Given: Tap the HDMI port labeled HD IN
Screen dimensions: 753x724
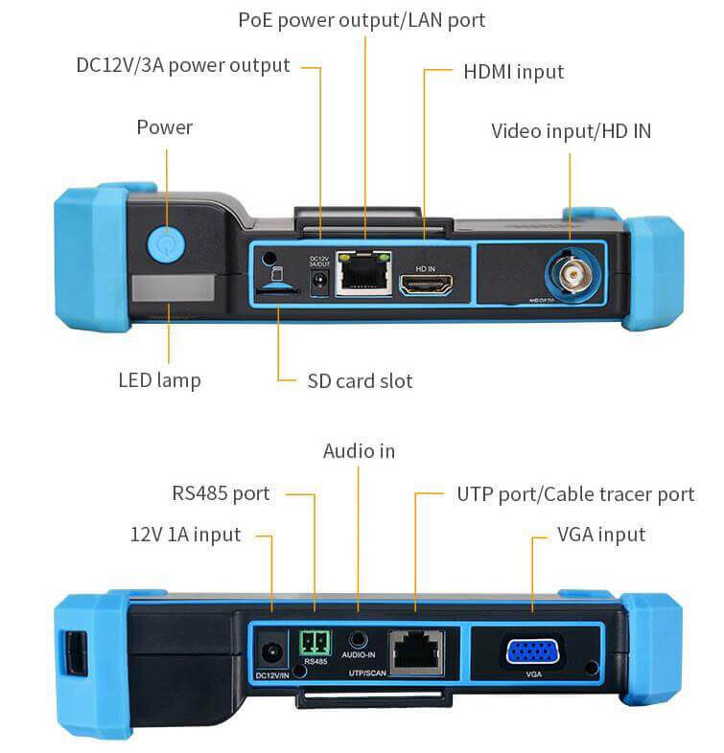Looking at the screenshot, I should tap(426, 285).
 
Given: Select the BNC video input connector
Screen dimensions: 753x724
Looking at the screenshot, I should tap(571, 273).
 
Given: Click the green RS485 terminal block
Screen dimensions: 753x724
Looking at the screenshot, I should tap(314, 643).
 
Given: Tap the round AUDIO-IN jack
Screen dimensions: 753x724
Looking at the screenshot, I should tap(358, 640).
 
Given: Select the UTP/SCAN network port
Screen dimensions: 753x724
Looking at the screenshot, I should tap(415, 652).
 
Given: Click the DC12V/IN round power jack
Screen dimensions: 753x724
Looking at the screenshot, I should tap(272, 654).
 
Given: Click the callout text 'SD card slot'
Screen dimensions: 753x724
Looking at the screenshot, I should tap(360, 380).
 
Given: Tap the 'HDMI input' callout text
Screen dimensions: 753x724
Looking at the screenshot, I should tap(513, 72).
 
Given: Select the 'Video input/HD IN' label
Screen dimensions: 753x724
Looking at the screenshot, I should tap(571, 130).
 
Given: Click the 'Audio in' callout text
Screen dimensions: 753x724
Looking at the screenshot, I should tap(359, 450).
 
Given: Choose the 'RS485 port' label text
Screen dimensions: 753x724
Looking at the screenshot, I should tap(221, 494).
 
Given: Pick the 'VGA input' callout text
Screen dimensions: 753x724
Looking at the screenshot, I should tap(601, 534).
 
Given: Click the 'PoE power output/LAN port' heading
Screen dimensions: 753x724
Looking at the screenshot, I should tap(362, 19).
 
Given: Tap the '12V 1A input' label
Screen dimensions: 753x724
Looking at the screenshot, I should tap(185, 534).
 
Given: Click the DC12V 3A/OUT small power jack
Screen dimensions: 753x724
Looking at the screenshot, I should tap(320, 281).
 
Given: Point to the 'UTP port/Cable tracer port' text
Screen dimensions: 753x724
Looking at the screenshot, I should tap(575, 494).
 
